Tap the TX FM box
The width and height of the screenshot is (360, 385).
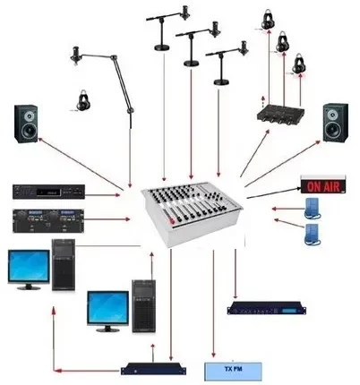pos(233,372)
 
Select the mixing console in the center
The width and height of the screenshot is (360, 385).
pos(192,213)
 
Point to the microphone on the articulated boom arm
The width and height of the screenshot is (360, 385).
pos(75,55)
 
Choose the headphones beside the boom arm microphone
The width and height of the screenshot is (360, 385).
pos(83,100)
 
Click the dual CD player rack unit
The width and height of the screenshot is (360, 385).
pos(48,220)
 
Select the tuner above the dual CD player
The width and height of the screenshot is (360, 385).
pos(48,192)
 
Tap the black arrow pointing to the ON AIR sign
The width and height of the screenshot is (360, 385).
pos(273,192)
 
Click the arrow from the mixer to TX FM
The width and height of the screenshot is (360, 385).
pos(213,304)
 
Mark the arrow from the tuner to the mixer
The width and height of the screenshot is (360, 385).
pos(102,195)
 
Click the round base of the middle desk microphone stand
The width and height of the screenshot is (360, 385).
pos(191,64)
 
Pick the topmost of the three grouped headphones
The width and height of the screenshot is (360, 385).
pos(269,20)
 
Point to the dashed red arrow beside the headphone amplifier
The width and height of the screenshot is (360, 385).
pos(263,100)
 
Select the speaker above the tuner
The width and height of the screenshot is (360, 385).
pos(26,124)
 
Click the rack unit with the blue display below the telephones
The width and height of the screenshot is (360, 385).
pos(267,308)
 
